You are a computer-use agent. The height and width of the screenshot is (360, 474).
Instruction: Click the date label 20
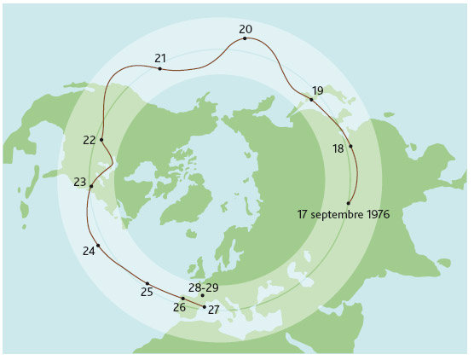point(246,29)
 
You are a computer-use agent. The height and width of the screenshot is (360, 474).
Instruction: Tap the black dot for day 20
point(245,38)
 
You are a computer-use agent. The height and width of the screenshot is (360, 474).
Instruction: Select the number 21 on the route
point(160,58)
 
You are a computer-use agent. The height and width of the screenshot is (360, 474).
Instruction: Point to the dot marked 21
point(159,68)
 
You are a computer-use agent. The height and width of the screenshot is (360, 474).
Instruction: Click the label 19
point(317,90)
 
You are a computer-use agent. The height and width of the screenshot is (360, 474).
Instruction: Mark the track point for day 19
point(311,100)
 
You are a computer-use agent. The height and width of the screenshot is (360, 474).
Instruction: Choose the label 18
point(338,148)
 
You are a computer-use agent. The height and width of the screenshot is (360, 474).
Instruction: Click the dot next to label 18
point(350,146)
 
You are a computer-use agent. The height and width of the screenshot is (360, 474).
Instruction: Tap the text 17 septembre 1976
point(343,214)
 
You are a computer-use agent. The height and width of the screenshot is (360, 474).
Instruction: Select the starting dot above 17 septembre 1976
point(348,203)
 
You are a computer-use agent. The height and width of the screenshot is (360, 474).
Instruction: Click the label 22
point(89,140)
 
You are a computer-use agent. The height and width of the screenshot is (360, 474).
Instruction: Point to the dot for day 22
point(101,140)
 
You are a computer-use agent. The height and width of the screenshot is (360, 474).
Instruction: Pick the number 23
point(79,183)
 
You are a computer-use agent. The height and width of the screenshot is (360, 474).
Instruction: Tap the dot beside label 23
point(91,186)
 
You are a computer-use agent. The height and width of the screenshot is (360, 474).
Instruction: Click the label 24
point(89,251)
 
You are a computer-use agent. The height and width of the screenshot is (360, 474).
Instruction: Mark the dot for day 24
point(98,246)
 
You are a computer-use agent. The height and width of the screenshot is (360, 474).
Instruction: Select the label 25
point(147,293)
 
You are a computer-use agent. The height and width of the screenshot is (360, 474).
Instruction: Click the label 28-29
point(203,287)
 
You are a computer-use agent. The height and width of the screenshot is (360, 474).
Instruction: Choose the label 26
point(179,307)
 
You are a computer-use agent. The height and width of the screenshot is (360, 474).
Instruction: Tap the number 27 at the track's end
point(214,310)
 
